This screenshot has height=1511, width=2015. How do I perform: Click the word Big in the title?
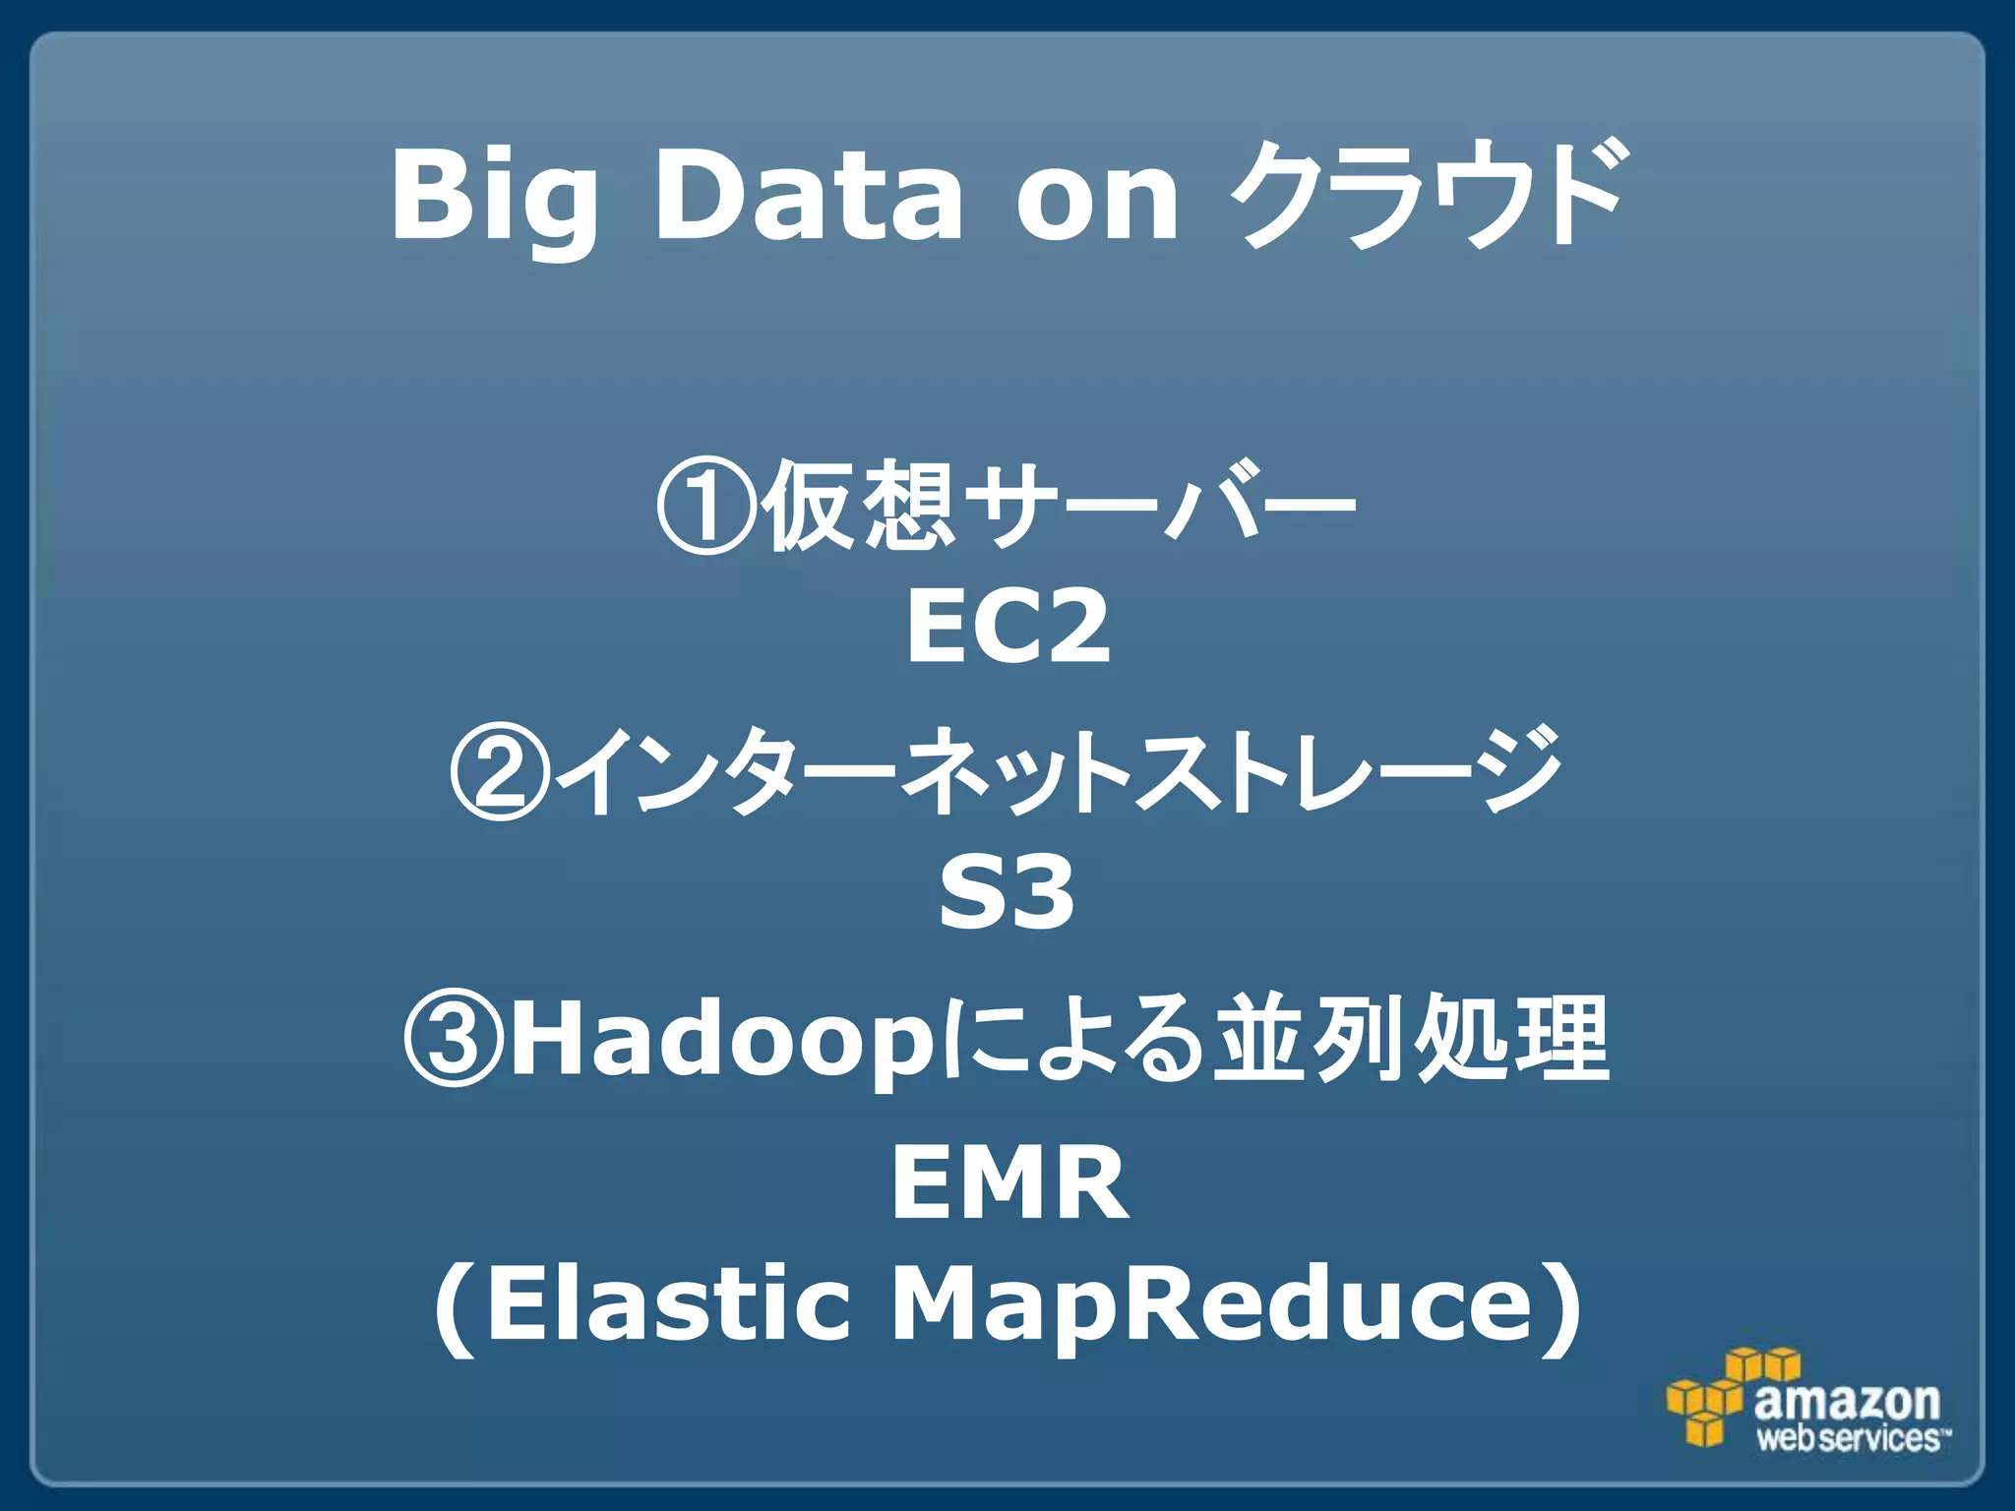pyautogui.click(x=494, y=197)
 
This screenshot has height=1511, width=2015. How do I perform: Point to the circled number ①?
pyautogui.click(x=706, y=508)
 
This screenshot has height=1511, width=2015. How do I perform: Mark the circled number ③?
pyautogui.click(x=454, y=1039)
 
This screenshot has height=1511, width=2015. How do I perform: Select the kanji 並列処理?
pyautogui.click(x=1412, y=1039)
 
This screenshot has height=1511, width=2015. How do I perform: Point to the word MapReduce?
pyautogui.click(x=1212, y=1305)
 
